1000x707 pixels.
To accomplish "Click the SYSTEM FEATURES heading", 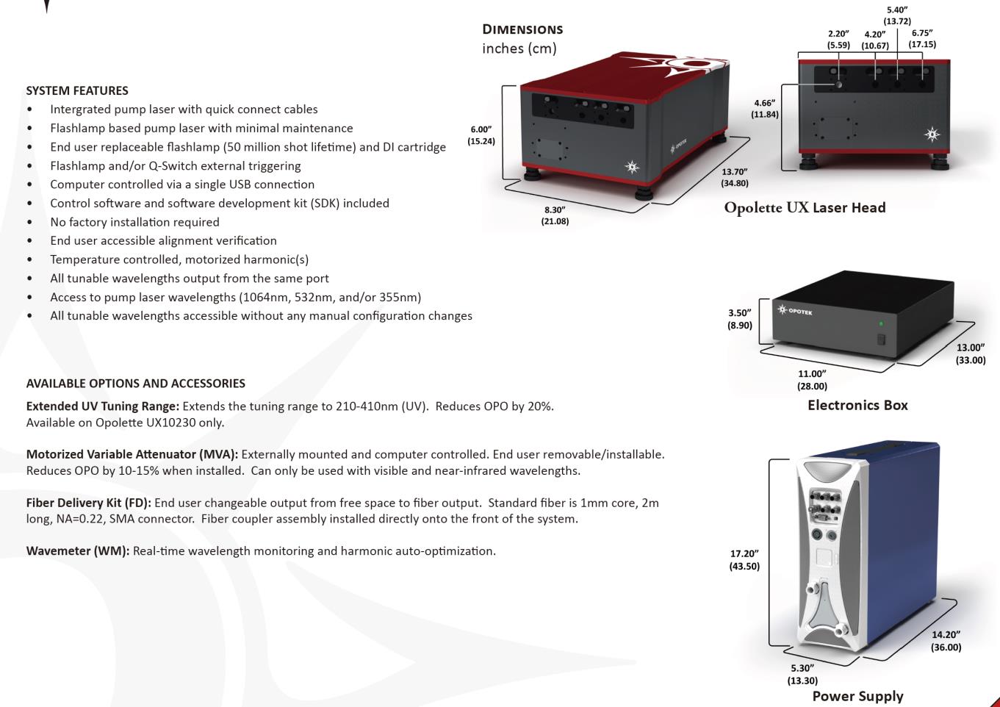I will (x=77, y=90).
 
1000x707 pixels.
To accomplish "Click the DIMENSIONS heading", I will (x=522, y=29).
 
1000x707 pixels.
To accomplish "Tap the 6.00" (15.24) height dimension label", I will (x=481, y=135).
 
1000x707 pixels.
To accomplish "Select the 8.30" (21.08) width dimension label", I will (x=555, y=215).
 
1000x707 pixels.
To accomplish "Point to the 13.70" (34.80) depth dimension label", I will (x=735, y=177).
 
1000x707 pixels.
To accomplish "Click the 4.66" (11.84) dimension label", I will (x=764, y=109).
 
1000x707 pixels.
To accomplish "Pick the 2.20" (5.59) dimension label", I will (x=838, y=39).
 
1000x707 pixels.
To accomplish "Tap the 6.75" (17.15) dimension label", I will (x=922, y=39).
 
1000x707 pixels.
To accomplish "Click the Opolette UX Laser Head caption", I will (x=805, y=207).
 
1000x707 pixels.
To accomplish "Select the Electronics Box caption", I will (x=857, y=405).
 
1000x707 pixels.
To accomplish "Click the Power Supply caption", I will (x=857, y=695).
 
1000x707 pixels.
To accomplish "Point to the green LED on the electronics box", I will (x=881, y=323).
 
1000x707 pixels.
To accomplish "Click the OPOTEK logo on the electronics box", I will (x=796, y=311).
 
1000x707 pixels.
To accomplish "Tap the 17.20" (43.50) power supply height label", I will (x=744, y=560).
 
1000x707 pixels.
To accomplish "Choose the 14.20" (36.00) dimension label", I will (x=946, y=641).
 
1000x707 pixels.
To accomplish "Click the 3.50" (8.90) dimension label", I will (x=740, y=319).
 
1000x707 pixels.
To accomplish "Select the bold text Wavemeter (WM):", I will (x=78, y=550).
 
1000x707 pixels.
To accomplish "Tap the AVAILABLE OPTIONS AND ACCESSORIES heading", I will (x=135, y=383).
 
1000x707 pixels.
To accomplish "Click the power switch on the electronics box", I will (x=882, y=340).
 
